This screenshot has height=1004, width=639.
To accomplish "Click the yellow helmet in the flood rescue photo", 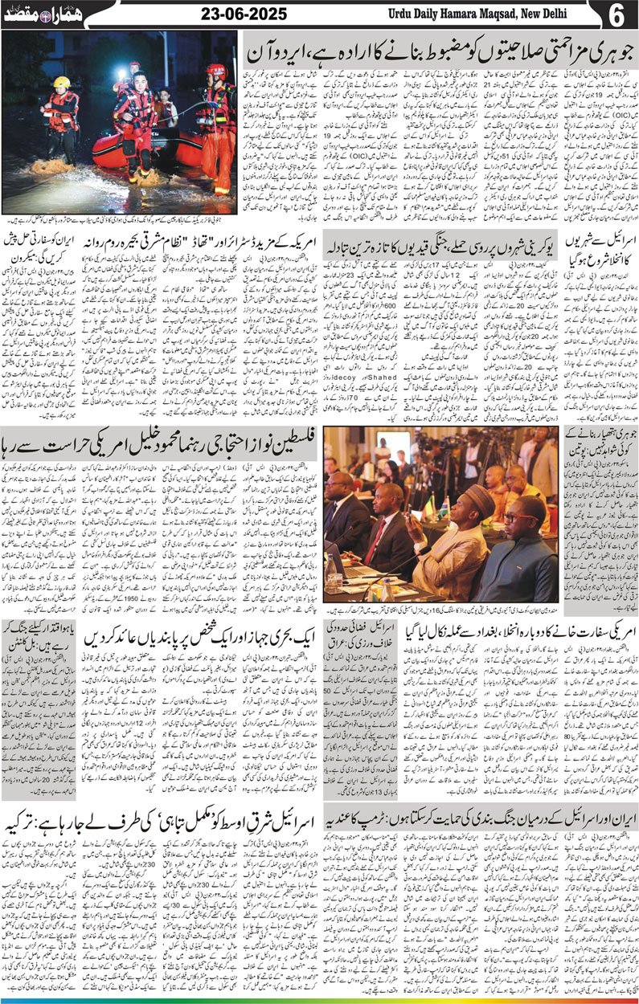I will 62,82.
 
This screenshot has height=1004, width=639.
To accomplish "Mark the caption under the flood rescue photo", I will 121,219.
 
